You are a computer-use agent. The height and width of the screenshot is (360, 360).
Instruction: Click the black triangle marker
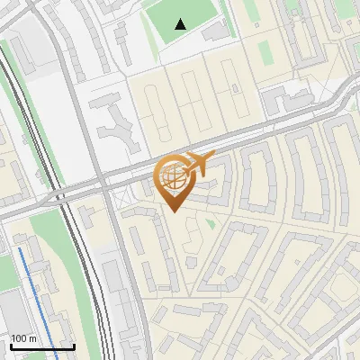coord(181,24)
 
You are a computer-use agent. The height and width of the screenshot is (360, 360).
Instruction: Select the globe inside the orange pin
coord(174,179)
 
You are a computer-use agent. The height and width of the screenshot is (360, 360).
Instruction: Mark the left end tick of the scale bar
coord(11,346)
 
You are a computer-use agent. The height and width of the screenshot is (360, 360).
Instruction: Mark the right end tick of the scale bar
coord(74,346)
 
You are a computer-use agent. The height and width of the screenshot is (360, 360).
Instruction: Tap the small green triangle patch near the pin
coord(211,222)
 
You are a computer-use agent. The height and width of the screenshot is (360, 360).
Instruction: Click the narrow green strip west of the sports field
coord(147,31)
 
